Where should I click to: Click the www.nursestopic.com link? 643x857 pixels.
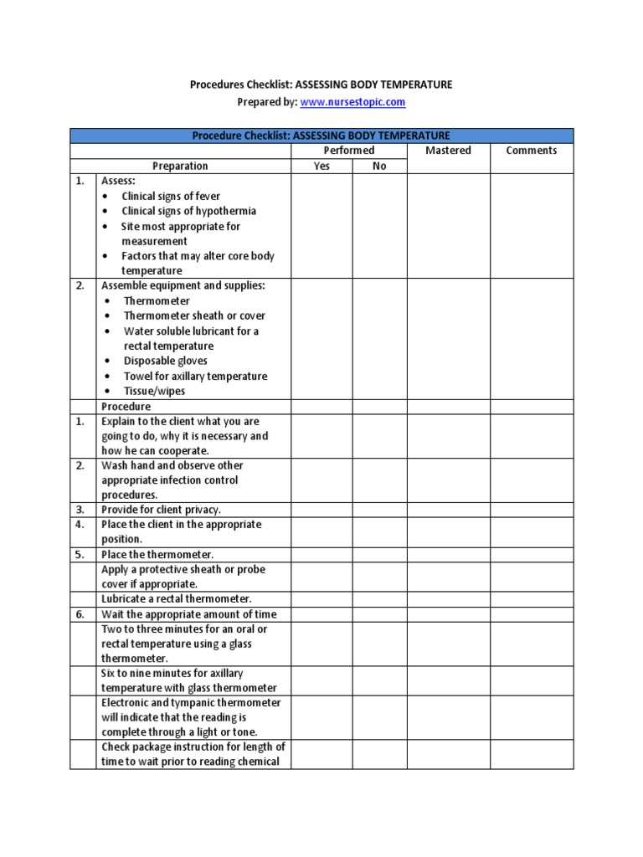pyautogui.click(x=352, y=102)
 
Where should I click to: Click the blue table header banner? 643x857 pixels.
pyautogui.click(x=321, y=136)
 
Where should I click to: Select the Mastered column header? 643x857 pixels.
pyautogui.click(x=448, y=151)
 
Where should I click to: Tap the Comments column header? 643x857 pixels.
pyautogui.click(x=532, y=151)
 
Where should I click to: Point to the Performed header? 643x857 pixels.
pyautogui.click(x=349, y=151)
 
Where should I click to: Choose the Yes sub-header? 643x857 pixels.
pyautogui.click(x=321, y=166)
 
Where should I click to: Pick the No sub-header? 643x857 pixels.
pyautogui.click(x=379, y=166)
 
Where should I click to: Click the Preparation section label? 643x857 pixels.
pyautogui.click(x=180, y=166)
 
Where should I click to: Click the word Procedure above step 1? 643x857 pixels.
pyautogui.click(x=126, y=407)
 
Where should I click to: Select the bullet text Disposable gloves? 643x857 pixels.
pyautogui.click(x=166, y=361)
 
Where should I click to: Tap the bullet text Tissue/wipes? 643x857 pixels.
pyautogui.click(x=155, y=391)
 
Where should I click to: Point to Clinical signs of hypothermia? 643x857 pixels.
pyautogui.click(x=189, y=211)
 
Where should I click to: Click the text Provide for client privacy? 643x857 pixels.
pyautogui.click(x=161, y=509)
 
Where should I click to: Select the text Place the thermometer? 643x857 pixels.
pyautogui.click(x=157, y=554)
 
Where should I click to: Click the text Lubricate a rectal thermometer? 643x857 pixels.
pyautogui.click(x=177, y=599)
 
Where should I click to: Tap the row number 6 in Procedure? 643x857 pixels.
pyautogui.click(x=80, y=614)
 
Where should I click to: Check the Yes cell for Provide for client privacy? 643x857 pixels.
pyautogui.click(x=321, y=509)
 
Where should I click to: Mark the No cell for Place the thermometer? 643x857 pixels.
pyautogui.click(x=379, y=554)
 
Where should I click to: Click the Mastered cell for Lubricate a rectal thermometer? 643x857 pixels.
pyautogui.click(x=448, y=599)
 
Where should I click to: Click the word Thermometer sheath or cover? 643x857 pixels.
pyautogui.click(x=194, y=316)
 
